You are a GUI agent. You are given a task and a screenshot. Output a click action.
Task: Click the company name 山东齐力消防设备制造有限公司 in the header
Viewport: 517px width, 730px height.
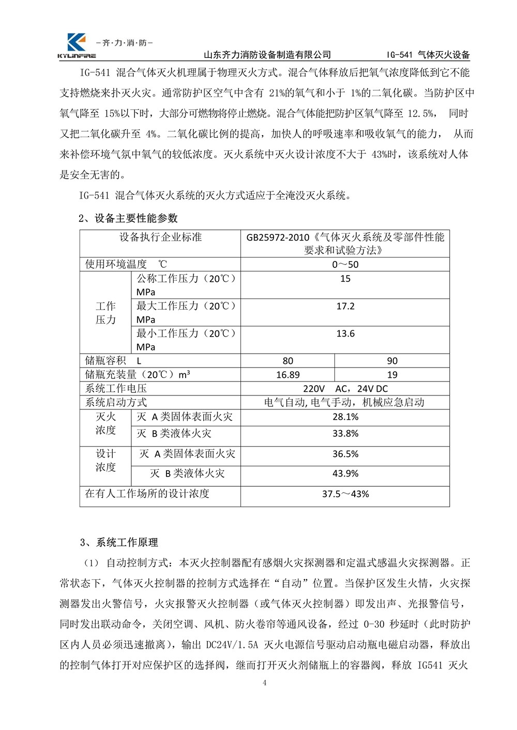click(267, 55)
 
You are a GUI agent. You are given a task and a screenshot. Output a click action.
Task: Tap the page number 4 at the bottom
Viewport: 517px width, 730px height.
click(265, 684)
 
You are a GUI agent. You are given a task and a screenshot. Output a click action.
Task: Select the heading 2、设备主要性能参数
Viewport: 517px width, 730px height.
click(128, 218)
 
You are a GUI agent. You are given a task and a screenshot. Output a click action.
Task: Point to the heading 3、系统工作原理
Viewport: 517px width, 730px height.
click(119, 543)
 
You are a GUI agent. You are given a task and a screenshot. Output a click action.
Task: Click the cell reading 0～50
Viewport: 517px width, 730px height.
click(345, 265)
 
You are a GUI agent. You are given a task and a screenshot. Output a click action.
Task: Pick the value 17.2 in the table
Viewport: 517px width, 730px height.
click(345, 306)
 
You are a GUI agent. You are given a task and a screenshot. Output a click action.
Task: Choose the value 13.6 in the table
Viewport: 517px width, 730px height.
click(345, 334)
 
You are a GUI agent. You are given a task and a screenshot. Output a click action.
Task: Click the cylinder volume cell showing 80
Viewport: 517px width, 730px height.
click(288, 361)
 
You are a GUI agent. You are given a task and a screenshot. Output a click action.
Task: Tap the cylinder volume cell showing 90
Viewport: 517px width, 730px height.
click(392, 361)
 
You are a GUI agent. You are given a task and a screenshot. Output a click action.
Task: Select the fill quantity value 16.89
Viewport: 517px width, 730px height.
click(288, 375)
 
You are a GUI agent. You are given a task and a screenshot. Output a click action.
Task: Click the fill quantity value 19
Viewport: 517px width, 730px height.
click(392, 375)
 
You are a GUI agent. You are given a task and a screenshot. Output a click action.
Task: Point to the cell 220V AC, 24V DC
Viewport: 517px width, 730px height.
click(345, 389)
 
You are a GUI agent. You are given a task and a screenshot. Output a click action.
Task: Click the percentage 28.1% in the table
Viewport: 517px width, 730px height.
click(345, 417)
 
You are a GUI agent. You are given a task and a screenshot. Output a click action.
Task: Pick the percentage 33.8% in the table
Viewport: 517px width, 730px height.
click(345, 434)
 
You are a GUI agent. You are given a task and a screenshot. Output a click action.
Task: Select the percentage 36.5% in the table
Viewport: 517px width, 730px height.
click(345, 454)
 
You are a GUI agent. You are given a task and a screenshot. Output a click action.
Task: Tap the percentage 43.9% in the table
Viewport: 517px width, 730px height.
click(345, 473)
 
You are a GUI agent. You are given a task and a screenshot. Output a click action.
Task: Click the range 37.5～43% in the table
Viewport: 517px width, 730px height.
click(345, 494)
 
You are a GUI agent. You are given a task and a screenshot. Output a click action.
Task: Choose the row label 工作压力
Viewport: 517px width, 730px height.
click(106, 313)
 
